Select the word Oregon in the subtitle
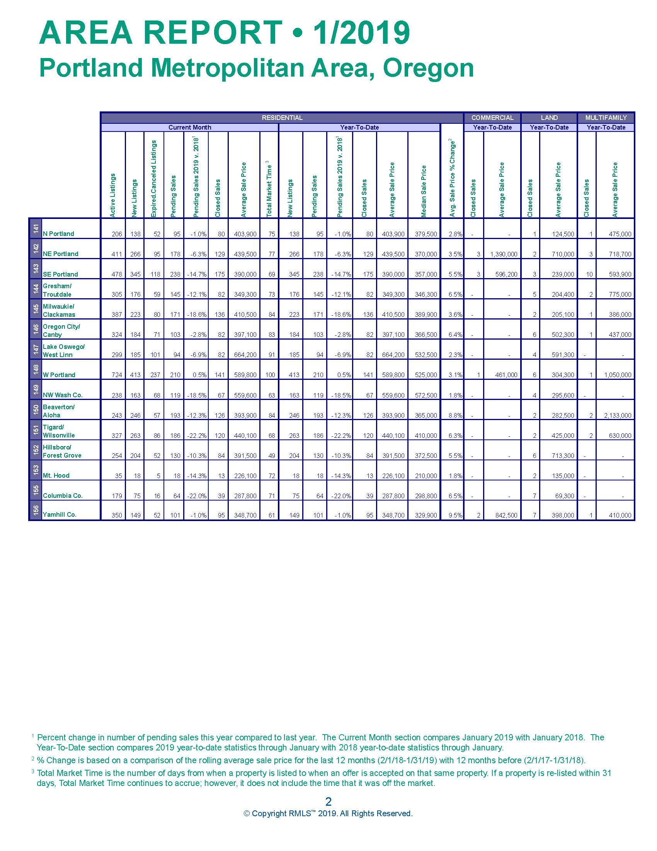(x=428, y=68)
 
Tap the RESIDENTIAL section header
(x=282, y=118)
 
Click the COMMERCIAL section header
(x=492, y=118)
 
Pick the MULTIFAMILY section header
(x=606, y=118)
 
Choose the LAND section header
(x=549, y=118)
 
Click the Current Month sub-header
(x=189, y=127)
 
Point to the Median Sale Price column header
(x=424, y=191)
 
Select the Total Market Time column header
(x=269, y=189)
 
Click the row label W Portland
(x=59, y=375)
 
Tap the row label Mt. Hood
(x=56, y=475)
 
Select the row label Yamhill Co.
(x=60, y=514)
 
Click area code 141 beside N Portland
(x=36, y=229)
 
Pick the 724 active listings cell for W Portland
(x=117, y=375)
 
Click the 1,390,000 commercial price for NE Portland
(x=504, y=254)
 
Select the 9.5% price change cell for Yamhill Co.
(x=455, y=515)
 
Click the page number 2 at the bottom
(x=328, y=801)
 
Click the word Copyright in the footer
(x=269, y=813)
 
